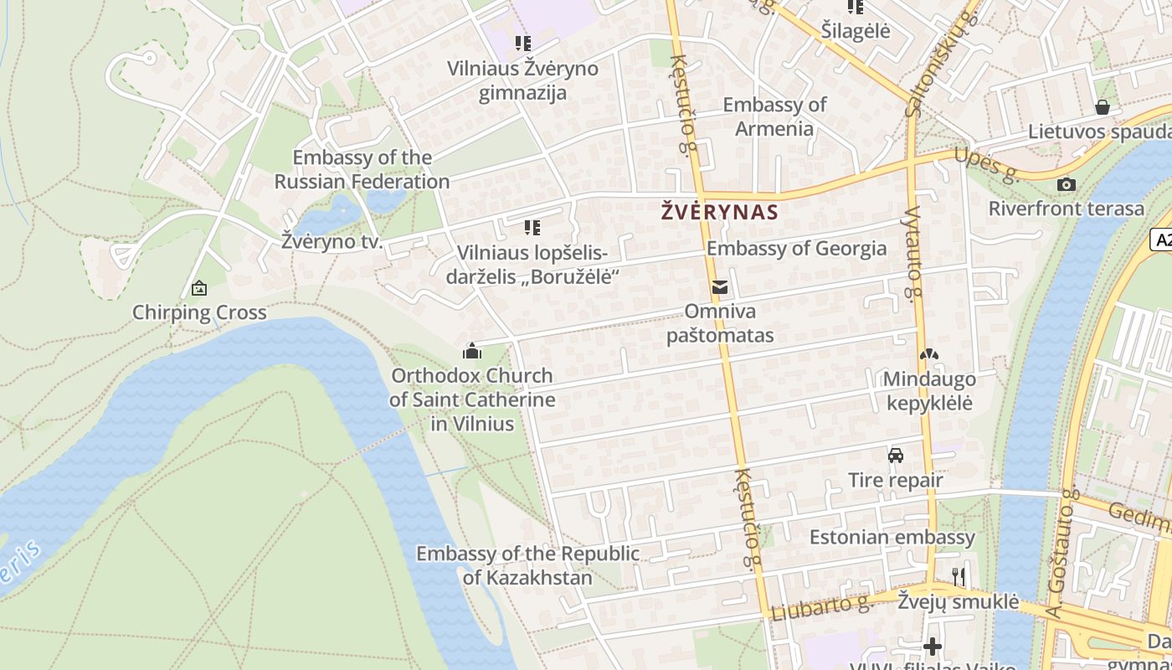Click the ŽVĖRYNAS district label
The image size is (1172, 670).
point(720,212)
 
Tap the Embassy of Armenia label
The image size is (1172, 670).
point(774,116)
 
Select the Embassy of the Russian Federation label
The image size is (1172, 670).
point(362,169)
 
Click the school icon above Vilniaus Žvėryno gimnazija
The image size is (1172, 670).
point(523,43)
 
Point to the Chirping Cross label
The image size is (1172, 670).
point(199,312)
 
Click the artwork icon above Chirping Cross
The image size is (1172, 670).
point(199,288)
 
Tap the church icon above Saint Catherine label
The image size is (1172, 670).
point(472,350)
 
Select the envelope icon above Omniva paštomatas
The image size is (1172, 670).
point(719,287)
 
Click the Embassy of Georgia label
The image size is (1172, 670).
point(796,248)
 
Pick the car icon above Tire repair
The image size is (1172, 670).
point(896,456)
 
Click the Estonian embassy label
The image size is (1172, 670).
point(892,537)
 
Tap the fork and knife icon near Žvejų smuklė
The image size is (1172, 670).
point(959,576)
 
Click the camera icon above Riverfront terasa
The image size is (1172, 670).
point(1067,184)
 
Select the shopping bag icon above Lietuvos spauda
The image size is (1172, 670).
point(1103,107)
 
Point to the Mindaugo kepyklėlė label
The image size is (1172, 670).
point(929,390)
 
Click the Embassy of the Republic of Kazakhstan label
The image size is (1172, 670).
point(527,565)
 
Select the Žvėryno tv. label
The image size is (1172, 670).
point(332,243)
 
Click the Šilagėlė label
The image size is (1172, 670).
point(856,31)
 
